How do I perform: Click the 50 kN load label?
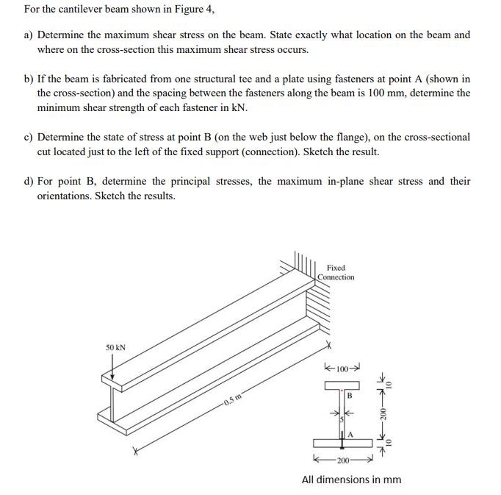(x=115, y=346)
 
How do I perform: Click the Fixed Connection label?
(x=336, y=272)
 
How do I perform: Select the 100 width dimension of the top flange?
(x=342, y=367)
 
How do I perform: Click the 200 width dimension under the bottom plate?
(x=342, y=460)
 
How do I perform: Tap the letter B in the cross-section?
(x=350, y=395)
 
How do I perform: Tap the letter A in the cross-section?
(x=350, y=435)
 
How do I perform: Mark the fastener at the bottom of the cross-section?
(x=342, y=437)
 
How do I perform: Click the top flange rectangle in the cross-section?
(x=342, y=386)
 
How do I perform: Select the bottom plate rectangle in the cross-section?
(x=342, y=444)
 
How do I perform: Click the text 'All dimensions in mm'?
(x=351, y=480)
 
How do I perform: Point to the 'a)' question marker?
(x=29, y=35)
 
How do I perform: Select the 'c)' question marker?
(x=29, y=137)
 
